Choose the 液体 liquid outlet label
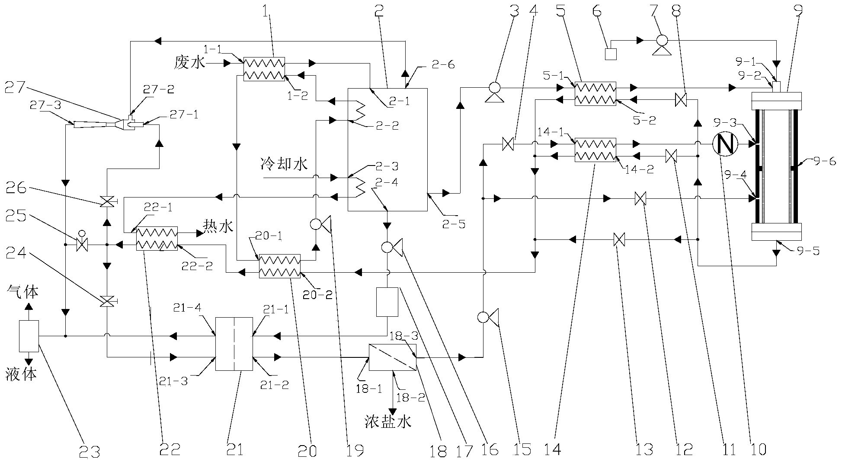(21, 374)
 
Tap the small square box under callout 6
(610, 54)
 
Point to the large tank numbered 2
(387, 150)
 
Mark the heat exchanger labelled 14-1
(595, 150)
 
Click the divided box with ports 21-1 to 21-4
(234, 344)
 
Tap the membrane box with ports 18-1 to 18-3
(392, 357)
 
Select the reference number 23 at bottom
(90, 452)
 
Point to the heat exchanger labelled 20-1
(279, 266)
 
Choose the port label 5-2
(644, 121)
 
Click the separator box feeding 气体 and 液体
(29, 336)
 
